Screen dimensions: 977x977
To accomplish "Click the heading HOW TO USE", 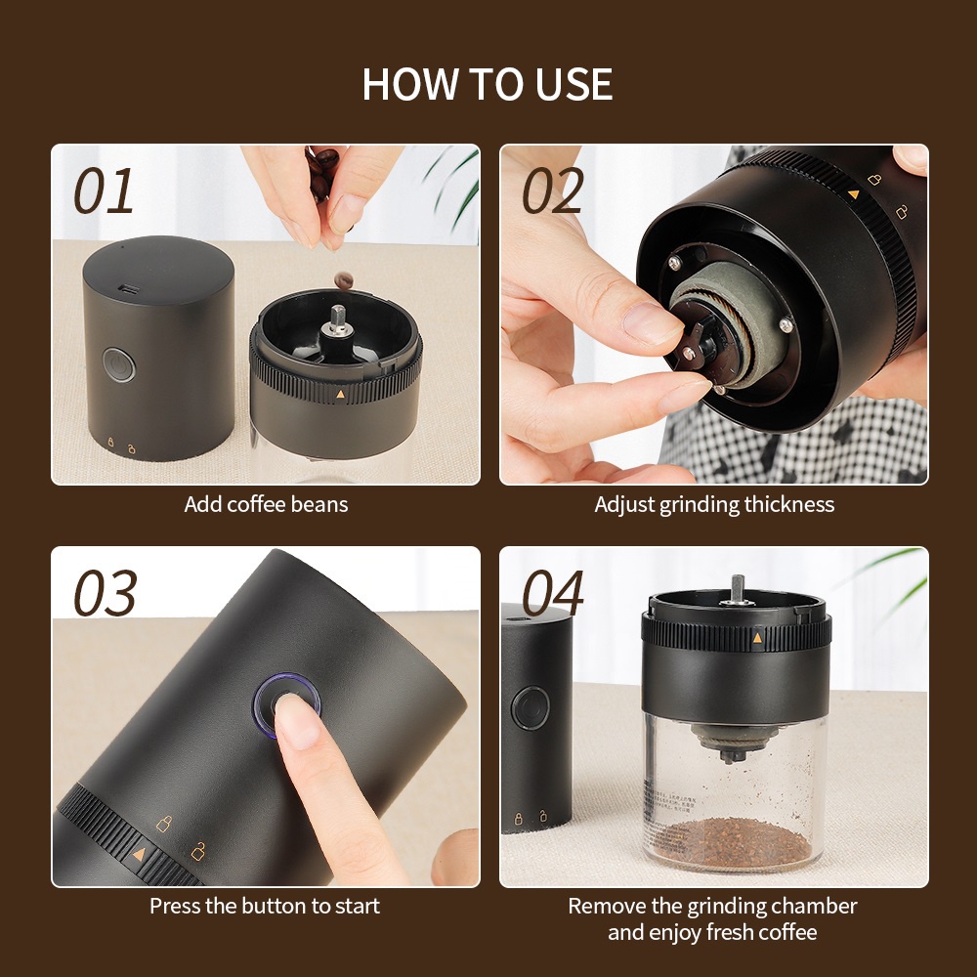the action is [x=488, y=84].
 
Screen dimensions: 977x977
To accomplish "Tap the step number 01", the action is [x=104, y=191].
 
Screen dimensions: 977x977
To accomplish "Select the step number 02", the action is [x=552, y=191].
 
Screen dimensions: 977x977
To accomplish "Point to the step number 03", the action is [x=105, y=593].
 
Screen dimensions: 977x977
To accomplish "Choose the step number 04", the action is [x=552, y=593].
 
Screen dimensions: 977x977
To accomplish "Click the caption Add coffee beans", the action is [x=266, y=504].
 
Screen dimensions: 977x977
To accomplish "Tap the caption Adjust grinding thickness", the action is [x=714, y=504].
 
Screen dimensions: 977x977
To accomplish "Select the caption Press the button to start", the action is [x=265, y=906].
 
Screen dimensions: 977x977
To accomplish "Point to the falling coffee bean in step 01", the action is [x=343, y=280].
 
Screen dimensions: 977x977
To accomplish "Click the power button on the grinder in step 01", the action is [x=118, y=365].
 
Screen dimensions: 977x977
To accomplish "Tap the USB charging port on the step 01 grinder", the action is [x=130, y=289].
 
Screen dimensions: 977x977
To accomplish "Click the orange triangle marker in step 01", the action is [x=340, y=394].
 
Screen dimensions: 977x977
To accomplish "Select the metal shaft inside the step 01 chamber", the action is [x=338, y=316].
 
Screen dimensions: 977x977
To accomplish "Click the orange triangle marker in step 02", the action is [x=854, y=194].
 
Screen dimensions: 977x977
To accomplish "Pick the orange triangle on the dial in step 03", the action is [x=139, y=854].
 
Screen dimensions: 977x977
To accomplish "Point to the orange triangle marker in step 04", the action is [x=757, y=637].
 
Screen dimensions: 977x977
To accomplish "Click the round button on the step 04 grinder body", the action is [x=531, y=707].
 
